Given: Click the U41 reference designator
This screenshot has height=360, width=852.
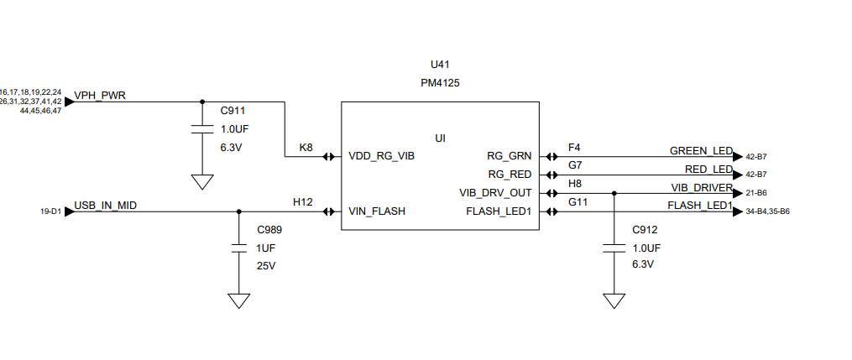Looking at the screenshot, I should (x=440, y=65).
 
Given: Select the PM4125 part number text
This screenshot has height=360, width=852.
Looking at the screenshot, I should (x=440, y=84).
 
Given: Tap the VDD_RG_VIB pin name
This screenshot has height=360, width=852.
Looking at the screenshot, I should (x=381, y=156).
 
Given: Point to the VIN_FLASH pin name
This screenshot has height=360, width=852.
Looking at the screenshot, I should (x=377, y=211).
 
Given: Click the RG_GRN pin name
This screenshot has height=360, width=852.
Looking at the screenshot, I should (x=509, y=156).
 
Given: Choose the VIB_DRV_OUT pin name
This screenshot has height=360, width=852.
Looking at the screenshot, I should (x=495, y=193).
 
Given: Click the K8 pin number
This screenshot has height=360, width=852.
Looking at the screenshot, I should (x=306, y=147).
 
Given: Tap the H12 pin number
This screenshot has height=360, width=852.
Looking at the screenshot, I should (x=302, y=202).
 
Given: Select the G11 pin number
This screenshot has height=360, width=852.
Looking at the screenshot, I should (x=578, y=202).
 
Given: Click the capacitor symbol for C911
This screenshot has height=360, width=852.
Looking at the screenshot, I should (x=201, y=129).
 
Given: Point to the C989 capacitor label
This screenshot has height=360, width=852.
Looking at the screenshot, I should (x=269, y=230).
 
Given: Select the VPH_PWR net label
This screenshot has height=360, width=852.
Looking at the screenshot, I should (x=100, y=96).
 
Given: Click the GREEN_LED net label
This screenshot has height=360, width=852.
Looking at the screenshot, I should (x=701, y=151).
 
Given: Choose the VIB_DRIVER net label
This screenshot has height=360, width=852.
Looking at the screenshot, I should (x=702, y=187).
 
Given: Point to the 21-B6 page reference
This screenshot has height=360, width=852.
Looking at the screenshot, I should (x=755, y=193).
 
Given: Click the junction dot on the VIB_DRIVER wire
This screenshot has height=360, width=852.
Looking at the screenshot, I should (x=614, y=193).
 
